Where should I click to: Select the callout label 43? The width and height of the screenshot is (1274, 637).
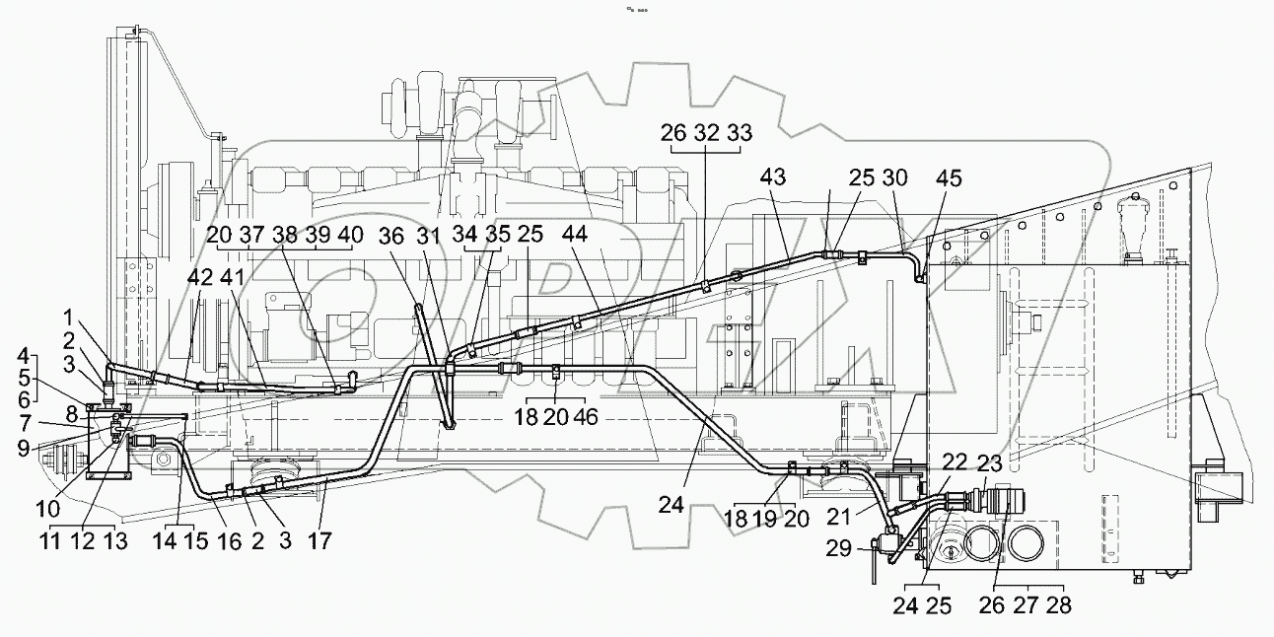click(775, 177)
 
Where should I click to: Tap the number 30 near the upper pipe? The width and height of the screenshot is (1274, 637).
click(894, 177)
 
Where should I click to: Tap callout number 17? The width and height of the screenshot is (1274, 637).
click(319, 540)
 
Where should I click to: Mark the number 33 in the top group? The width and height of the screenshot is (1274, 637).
click(739, 133)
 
